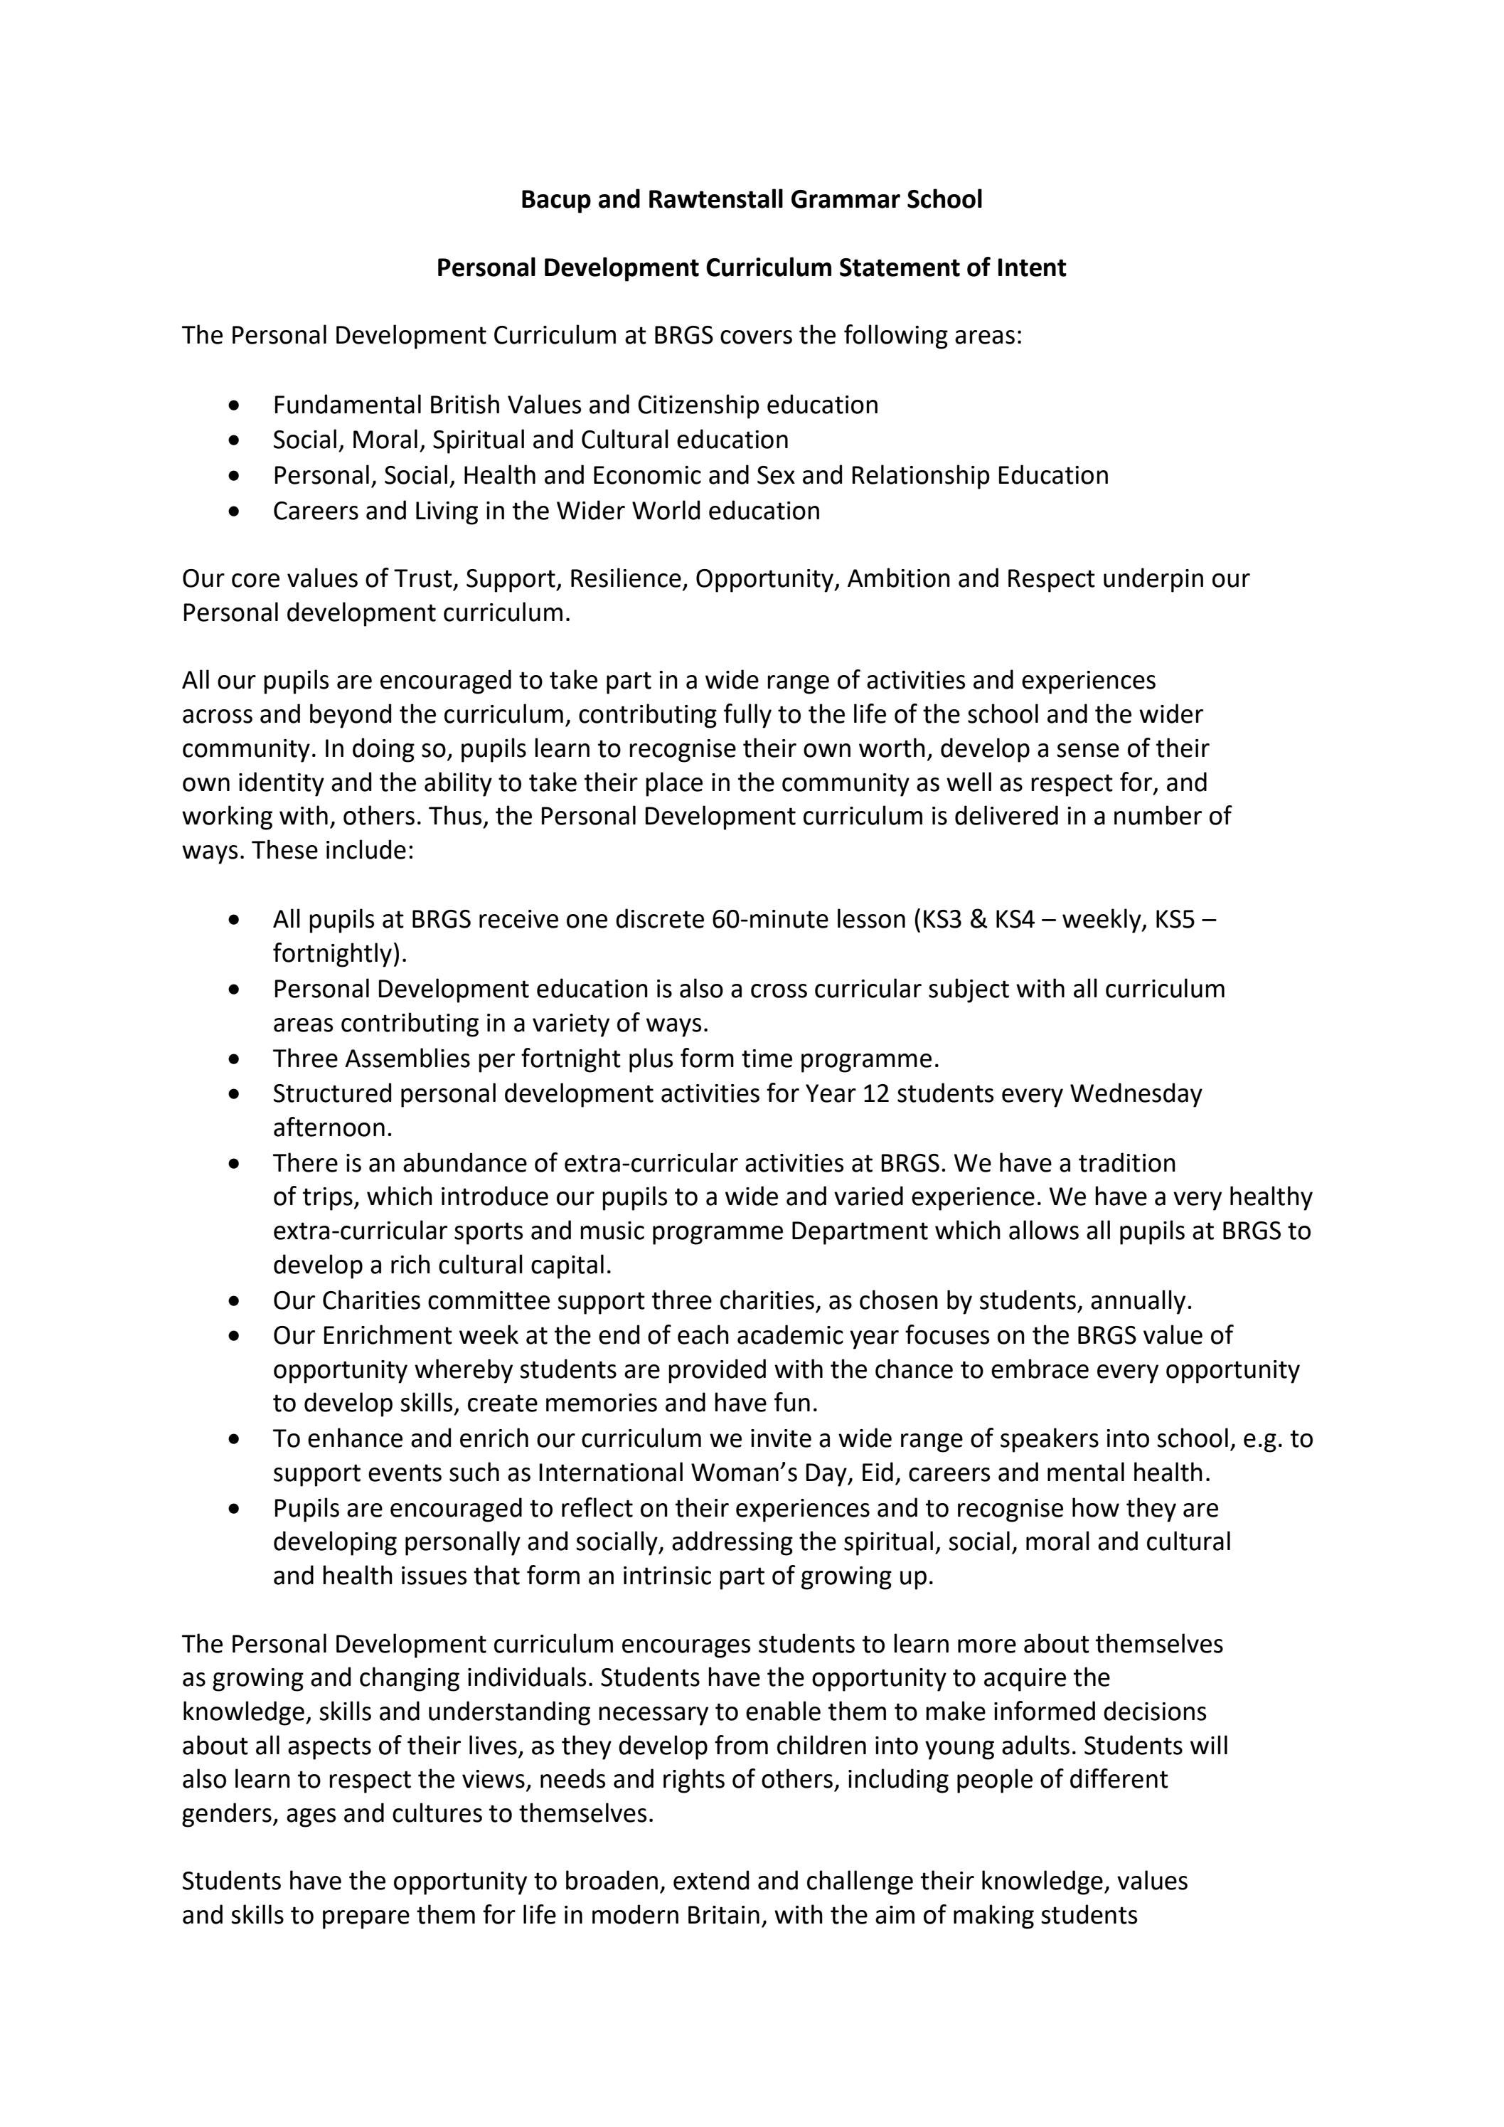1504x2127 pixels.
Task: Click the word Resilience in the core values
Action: (627, 579)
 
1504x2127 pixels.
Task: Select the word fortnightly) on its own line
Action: (340, 954)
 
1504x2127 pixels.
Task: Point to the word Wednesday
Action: (1136, 1094)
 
